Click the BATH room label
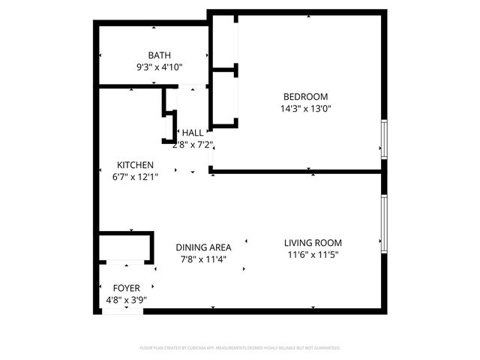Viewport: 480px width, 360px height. pos(159,55)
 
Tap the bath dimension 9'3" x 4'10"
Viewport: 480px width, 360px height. pos(159,67)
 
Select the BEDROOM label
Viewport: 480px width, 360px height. pos(305,96)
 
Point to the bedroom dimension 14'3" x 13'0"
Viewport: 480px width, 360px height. pos(305,108)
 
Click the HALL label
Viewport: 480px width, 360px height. pos(192,132)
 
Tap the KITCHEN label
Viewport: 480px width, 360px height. pos(135,165)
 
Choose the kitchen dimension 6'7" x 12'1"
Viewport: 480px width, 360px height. pos(135,177)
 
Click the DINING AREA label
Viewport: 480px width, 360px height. pos(203,247)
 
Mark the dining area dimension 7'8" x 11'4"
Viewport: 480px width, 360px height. pos(203,259)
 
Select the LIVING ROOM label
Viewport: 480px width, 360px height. pos(313,242)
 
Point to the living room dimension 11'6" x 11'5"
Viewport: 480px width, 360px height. pos(313,254)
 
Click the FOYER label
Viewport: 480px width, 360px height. pos(126,288)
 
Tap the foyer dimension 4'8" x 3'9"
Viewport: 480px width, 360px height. pos(126,300)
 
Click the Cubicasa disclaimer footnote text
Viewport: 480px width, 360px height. pos(240,348)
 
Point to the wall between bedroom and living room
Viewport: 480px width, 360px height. pos(300,172)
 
